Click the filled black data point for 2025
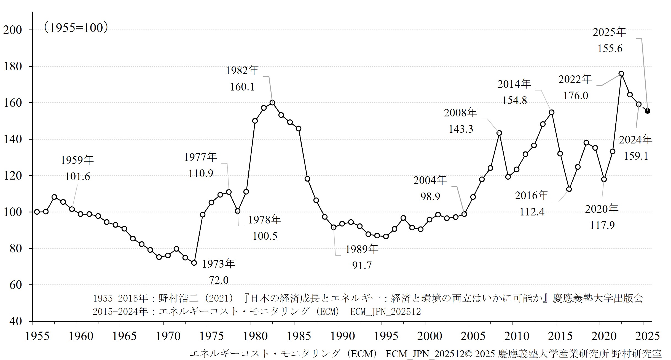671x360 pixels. coord(648,111)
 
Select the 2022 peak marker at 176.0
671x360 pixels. coord(621,74)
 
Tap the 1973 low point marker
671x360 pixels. coord(194,263)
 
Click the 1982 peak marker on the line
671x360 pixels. coord(272,103)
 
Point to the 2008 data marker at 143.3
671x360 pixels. coord(499,133)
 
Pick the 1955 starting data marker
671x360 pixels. coord(37,212)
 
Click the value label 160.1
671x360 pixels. coord(242,87)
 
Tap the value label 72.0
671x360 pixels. coord(219,280)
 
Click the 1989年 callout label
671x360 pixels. coord(362,249)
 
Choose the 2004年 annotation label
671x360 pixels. coord(430,180)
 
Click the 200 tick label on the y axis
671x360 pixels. coord(12,30)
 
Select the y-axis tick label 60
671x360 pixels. coord(15,285)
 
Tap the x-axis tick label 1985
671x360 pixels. coord(299,336)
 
